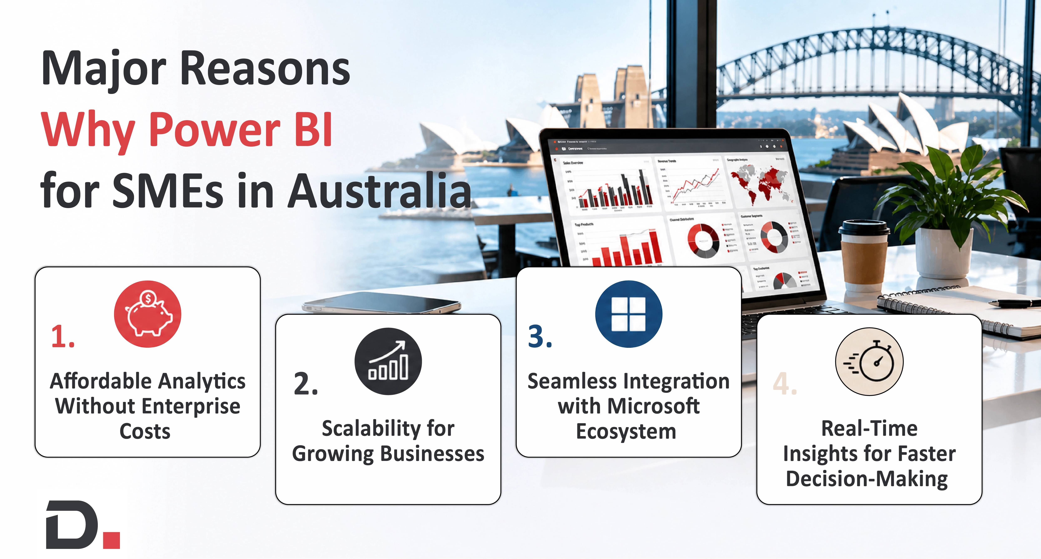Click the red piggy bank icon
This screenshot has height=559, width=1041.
[x=147, y=314]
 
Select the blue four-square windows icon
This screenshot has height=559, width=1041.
[x=628, y=314]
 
